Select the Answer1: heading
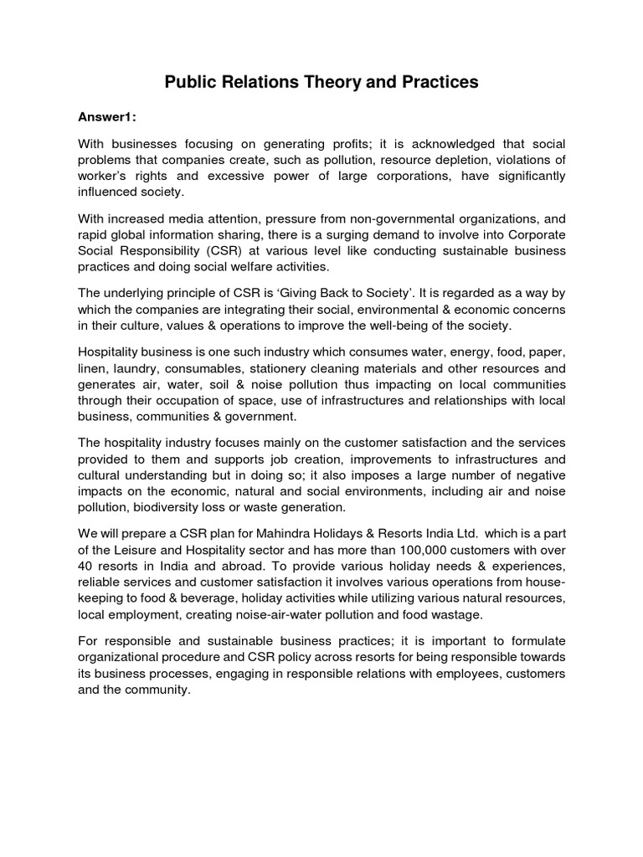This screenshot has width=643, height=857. (108, 117)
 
